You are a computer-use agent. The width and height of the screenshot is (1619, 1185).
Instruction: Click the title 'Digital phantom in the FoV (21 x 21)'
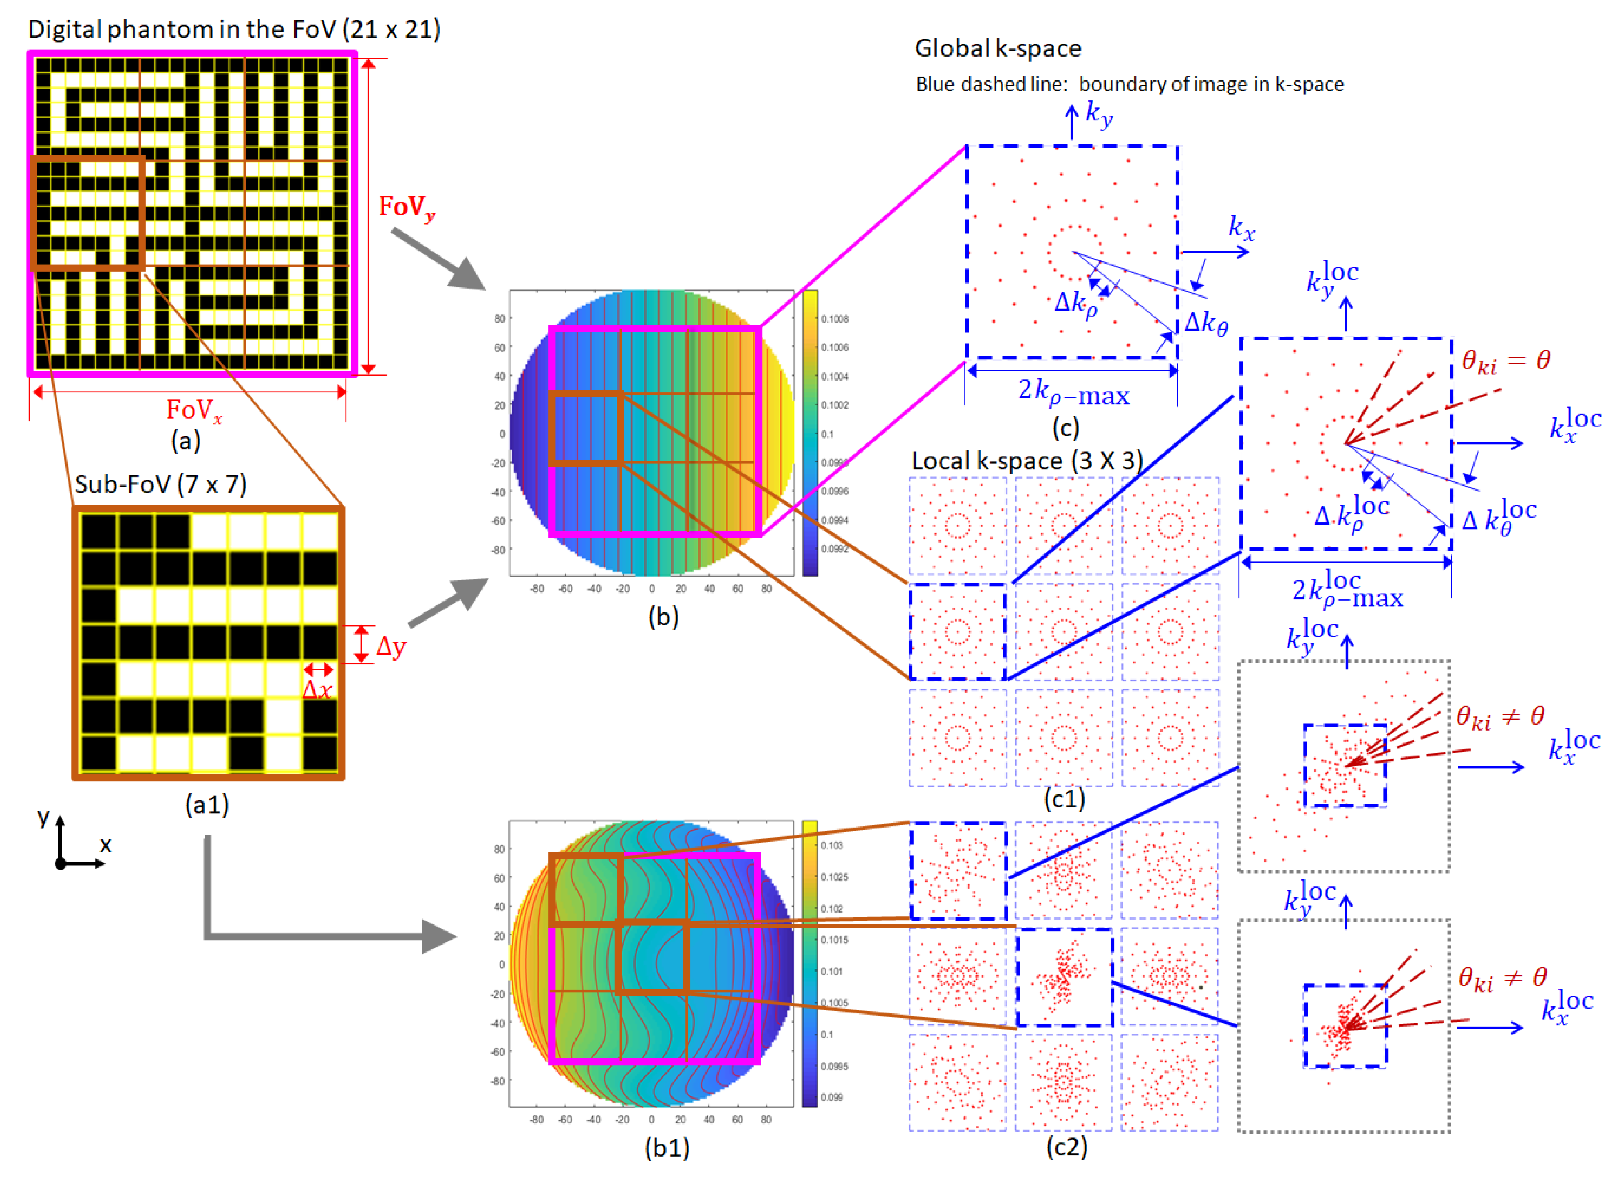coord(234,29)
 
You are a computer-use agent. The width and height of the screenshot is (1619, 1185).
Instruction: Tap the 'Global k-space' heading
coord(997,48)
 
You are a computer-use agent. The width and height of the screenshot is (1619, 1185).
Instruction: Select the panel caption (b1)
coord(666,1148)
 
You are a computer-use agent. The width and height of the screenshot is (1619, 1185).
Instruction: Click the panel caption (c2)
coord(1066,1146)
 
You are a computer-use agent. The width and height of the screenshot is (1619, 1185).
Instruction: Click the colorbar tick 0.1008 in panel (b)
coord(835,319)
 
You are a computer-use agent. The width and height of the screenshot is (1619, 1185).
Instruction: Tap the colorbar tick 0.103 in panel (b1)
coord(832,845)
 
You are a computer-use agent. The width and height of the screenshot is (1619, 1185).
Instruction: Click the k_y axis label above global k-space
coord(1099,113)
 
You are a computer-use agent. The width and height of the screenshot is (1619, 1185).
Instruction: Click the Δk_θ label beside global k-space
coord(1205,323)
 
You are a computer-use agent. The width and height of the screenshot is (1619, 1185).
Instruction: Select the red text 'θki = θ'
coord(1506,361)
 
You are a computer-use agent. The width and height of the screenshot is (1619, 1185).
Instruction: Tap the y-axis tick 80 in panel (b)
coord(500,319)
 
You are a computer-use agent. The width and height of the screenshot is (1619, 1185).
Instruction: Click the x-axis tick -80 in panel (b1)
coord(536,1119)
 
